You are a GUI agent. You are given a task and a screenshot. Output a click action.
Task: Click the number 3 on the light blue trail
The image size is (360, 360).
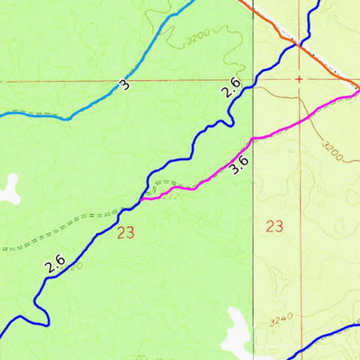point(124,85)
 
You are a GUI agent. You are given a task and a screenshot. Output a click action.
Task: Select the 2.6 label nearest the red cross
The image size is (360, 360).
point(231,90)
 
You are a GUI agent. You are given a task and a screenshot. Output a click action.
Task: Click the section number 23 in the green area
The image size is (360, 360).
point(125,233)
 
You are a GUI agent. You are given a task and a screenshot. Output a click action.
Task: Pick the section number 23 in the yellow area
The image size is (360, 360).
point(274,225)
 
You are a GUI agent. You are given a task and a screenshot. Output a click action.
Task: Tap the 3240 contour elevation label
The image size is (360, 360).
point(281,319)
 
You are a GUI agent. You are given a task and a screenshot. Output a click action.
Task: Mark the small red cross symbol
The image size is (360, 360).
point(298,79)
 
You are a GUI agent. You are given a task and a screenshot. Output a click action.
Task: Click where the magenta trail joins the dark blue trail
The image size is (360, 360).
point(141,198)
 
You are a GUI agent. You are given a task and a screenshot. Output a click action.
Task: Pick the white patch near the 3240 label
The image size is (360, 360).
point(236,328)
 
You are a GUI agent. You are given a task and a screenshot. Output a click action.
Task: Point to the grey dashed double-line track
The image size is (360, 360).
point(63,229)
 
